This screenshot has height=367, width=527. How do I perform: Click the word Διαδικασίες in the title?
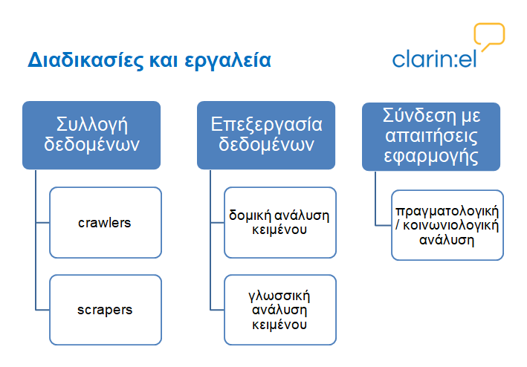pyautogui.click(x=85, y=60)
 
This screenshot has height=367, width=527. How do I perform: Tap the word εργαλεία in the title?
pyautogui.click(x=227, y=61)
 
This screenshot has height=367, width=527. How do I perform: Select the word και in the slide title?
pyautogui.click(x=164, y=61)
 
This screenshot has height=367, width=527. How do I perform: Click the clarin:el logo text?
pyautogui.click(x=434, y=59)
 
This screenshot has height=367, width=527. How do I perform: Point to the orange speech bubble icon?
pyautogui.click(x=489, y=34)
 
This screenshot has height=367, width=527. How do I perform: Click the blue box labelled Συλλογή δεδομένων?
pyautogui.click(x=91, y=135)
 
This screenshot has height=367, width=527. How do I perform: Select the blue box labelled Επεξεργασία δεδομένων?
pyautogui.click(x=266, y=135)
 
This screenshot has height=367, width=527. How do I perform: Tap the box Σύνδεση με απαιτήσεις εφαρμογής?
pyautogui.click(x=431, y=137)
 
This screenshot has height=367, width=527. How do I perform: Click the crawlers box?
pyautogui.click(x=106, y=223)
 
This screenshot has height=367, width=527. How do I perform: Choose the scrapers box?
pyautogui.click(x=106, y=310)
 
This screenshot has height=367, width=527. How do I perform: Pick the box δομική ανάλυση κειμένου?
pyautogui.click(x=280, y=223)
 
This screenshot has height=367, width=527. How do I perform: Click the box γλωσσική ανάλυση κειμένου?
pyautogui.click(x=280, y=310)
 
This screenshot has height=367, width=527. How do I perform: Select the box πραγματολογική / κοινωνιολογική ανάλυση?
pyautogui.click(x=447, y=225)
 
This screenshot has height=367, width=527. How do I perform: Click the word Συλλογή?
pyautogui.click(x=91, y=125)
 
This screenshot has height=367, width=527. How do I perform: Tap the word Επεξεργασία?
pyautogui.click(x=266, y=125)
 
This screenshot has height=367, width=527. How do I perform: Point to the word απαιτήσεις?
pyautogui.click(x=431, y=137)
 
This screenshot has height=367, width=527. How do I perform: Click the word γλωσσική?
pyautogui.click(x=279, y=296)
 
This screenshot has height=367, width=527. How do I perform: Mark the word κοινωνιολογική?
pyautogui.click(x=450, y=226)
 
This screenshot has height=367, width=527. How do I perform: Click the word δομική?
pyautogui.click(x=250, y=215)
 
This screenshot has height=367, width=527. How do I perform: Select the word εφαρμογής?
pyautogui.click(x=431, y=157)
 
